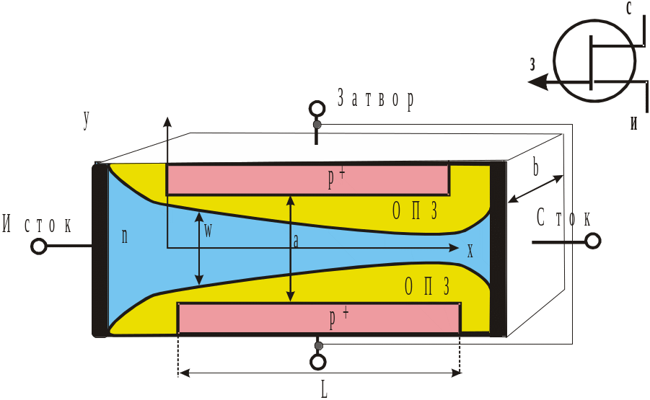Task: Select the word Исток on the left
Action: [38, 223]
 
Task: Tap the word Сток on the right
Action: [563, 218]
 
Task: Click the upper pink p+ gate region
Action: [308, 179]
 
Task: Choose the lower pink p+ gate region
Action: [319, 318]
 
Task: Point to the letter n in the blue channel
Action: [124, 236]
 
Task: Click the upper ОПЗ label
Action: [415, 211]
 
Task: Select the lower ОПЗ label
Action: [427, 286]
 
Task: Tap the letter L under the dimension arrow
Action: [324, 389]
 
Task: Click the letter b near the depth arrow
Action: [535, 167]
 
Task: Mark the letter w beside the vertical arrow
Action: [208, 231]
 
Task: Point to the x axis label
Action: [470, 251]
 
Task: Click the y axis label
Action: [87, 120]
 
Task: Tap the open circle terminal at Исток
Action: [38, 246]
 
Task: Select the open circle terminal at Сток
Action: [593, 241]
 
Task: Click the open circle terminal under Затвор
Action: [317, 109]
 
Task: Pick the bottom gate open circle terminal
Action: [318, 363]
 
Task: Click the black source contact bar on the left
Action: [100, 249]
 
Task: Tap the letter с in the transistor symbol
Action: [629, 8]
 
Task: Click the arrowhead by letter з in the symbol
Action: [537, 81]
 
